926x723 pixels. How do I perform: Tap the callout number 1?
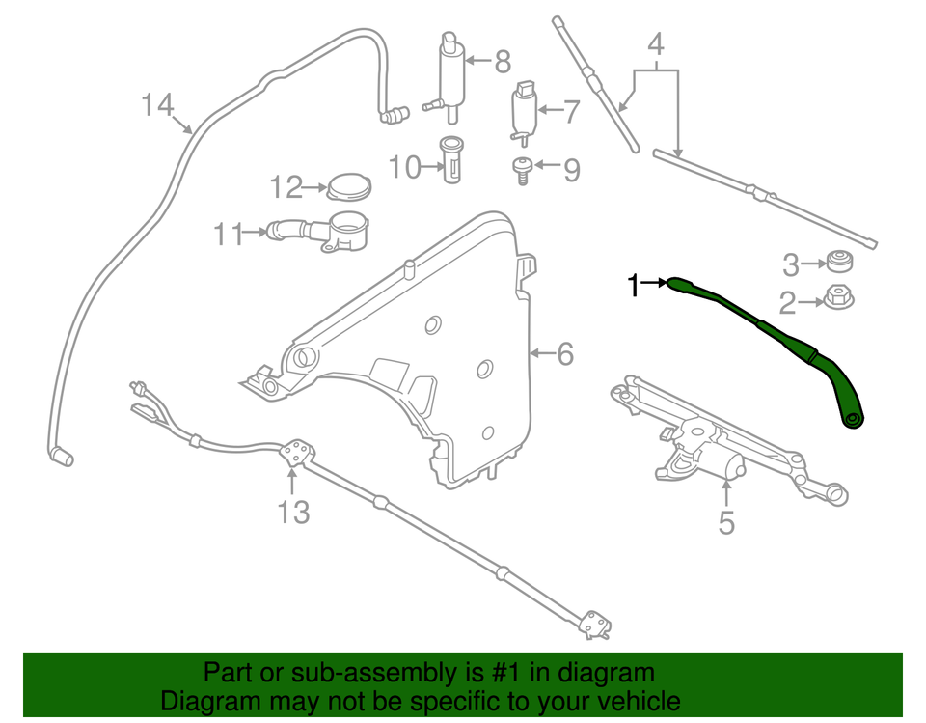pyautogui.click(x=634, y=285)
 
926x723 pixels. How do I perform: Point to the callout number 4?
pyautogui.click(x=656, y=45)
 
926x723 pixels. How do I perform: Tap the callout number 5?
pyautogui.click(x=725, y=523)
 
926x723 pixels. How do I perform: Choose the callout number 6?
pyautogui.click(x=564, y=355)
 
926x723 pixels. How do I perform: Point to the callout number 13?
pyautogui.click(x=293, y=512)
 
